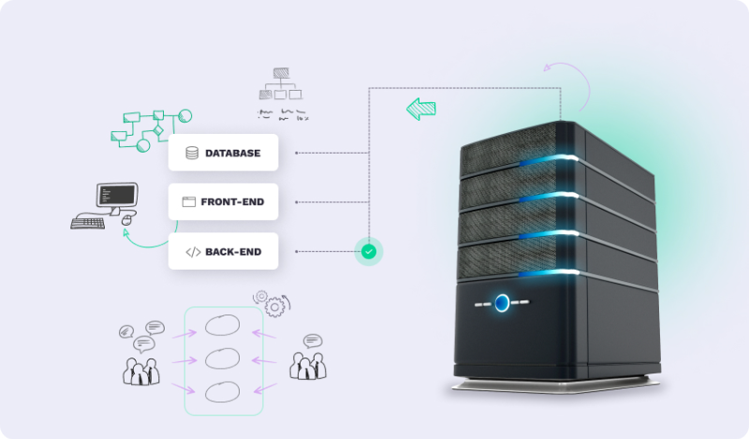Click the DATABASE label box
223,153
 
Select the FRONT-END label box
223,201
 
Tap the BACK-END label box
223,251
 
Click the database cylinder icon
192,153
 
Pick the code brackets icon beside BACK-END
192,251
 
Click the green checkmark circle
369,251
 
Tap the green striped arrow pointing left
421,109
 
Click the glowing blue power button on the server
503,302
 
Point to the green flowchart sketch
150,129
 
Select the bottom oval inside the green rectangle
223,392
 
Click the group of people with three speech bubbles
141,353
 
